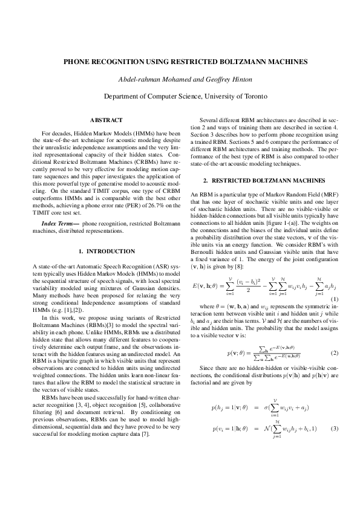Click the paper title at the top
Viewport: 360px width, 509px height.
[x=180, y=62]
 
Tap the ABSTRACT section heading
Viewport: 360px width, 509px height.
[x=106, y=120]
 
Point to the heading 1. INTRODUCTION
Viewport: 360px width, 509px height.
[x=106, y=251]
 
